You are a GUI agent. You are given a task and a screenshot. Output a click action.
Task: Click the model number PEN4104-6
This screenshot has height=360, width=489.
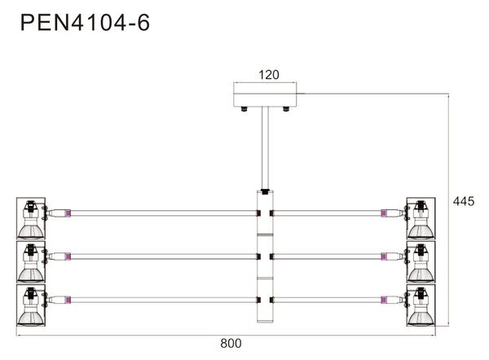[85, 23]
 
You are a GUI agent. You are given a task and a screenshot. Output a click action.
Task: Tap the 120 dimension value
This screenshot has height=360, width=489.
[269, 75]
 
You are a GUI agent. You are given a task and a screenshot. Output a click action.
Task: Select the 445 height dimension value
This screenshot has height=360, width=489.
[464, 201]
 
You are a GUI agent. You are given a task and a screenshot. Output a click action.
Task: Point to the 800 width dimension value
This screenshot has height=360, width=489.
[231, 343]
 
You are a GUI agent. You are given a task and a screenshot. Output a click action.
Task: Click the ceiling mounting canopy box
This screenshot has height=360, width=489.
[265, 99]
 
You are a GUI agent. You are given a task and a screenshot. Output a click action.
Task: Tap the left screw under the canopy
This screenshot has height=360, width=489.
[244, 109]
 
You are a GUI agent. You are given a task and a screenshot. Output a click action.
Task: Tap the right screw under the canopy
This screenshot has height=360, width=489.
[286, 109]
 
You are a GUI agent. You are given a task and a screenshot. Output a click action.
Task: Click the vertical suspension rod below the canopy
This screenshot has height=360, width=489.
[265, 148]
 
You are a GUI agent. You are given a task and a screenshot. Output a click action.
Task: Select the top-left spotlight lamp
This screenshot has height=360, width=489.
[31, 218]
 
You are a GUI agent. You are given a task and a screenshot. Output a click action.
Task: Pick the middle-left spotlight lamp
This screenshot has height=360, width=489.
[31, 261]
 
